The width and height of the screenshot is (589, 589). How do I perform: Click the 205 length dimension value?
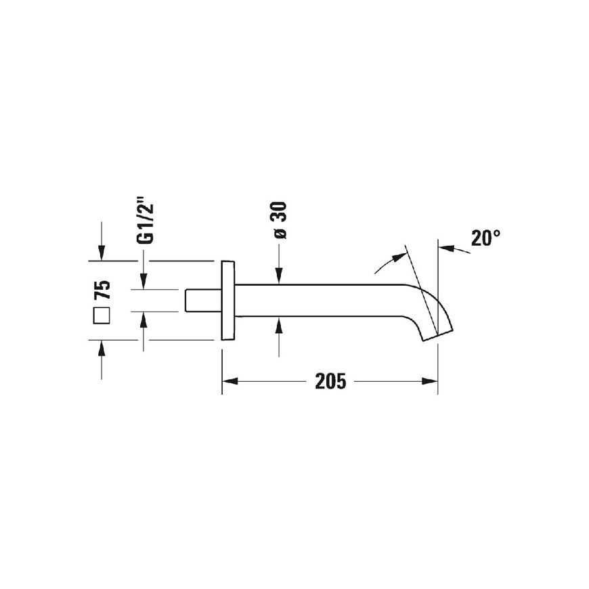[x=330, y=381]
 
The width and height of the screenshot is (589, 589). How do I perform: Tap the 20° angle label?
[x=485, y=238]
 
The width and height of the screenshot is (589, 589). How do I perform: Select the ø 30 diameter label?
[x=280, y=220]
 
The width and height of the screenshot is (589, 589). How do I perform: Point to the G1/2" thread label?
[x=146, y=223]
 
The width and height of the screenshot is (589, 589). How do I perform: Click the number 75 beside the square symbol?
[x=102, y=290]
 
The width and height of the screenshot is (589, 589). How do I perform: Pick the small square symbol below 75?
[x=102, y=315]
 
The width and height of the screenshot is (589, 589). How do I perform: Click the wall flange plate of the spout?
[x=228, y=300]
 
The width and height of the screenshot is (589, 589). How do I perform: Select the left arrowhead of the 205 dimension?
[x=230, y=381]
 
